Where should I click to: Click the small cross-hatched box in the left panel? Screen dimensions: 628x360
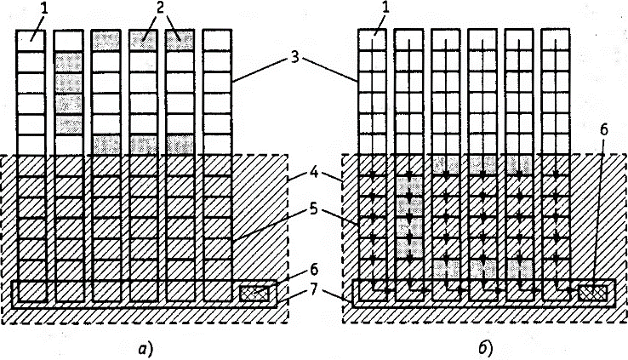pyautogui.click(x=254, y=293)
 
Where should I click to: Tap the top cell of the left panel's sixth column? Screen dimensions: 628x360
pyautogui.click(x=216, y=41)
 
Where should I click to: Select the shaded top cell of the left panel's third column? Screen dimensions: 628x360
pyautogui.click(x=104, y=41)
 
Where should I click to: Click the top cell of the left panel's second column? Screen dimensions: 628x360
pyautogui.click(x=67, y=41)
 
